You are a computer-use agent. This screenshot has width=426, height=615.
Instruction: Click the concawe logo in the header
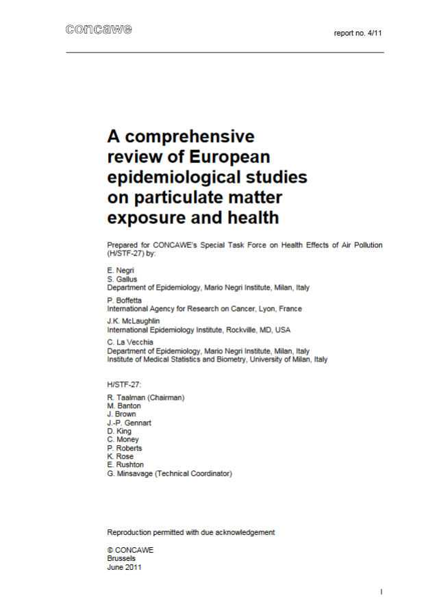(x=98, y=29)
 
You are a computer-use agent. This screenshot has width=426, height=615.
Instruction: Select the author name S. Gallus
(x=122, y=279)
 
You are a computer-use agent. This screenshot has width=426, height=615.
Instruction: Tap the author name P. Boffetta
(x=124, y=300)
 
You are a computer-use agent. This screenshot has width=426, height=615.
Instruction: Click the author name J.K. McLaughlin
(x=133, y=321)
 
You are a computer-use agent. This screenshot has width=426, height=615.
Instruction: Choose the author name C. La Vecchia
(x=130, y=342)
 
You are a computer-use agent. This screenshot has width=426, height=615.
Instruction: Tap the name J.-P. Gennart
(x=129, y=423)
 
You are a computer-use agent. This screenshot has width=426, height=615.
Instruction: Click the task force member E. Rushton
(x=125, y=465)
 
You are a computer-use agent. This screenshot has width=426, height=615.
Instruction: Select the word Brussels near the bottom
(x=121, y=558)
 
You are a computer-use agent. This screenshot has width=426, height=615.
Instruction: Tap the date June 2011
(x=124, y=566)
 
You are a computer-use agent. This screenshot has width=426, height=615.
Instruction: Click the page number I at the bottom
(x=381, y=591)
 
